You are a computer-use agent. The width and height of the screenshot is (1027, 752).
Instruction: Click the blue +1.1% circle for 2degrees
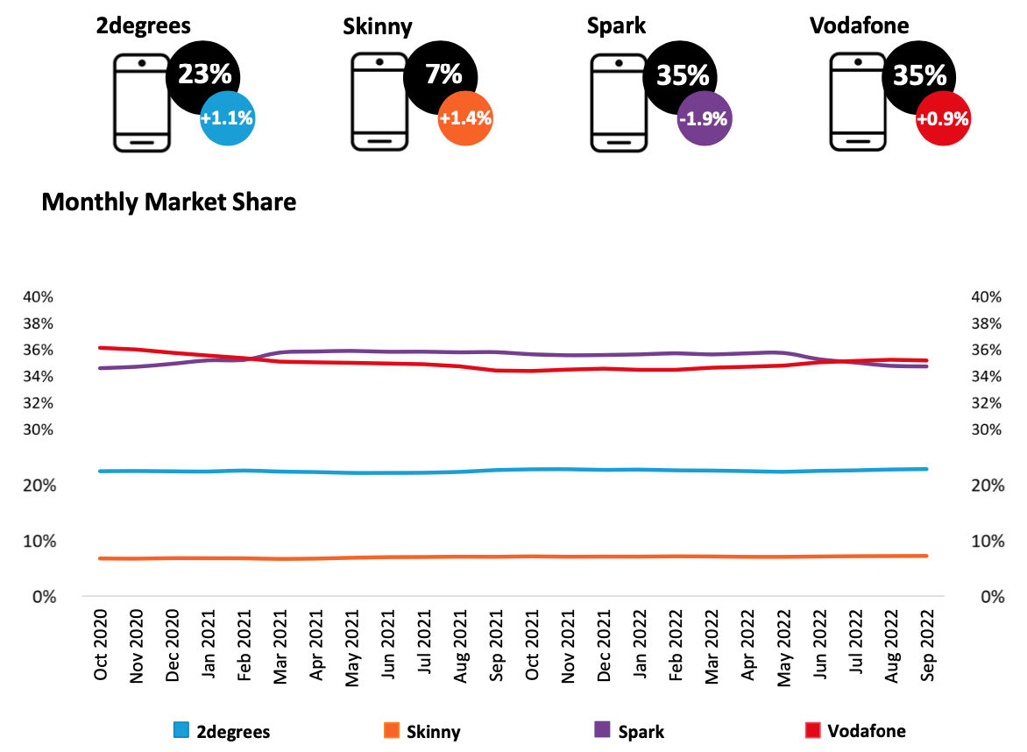(x=227, y=118)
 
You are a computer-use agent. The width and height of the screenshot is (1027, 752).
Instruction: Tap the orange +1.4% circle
(x=465, y=118)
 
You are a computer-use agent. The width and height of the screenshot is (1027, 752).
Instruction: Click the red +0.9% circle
(x=943, y=118)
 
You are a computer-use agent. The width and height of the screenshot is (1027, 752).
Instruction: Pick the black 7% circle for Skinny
(x=443, y=74)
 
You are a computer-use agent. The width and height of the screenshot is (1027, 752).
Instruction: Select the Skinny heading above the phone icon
(x=377, y=26)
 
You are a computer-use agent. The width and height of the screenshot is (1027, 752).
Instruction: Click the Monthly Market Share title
(x=169, y=202)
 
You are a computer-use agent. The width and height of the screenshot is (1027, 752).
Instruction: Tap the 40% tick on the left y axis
(x=39, y=297)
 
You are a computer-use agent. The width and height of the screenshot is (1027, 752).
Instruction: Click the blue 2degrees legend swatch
(x=182, y=730)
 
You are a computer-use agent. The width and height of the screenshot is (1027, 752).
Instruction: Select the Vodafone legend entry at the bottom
(x=853, y=730)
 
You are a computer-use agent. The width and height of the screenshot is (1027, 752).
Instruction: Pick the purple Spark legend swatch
(x=602, y=730)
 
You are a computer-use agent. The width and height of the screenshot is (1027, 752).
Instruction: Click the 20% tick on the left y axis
(x=39, y=486)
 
